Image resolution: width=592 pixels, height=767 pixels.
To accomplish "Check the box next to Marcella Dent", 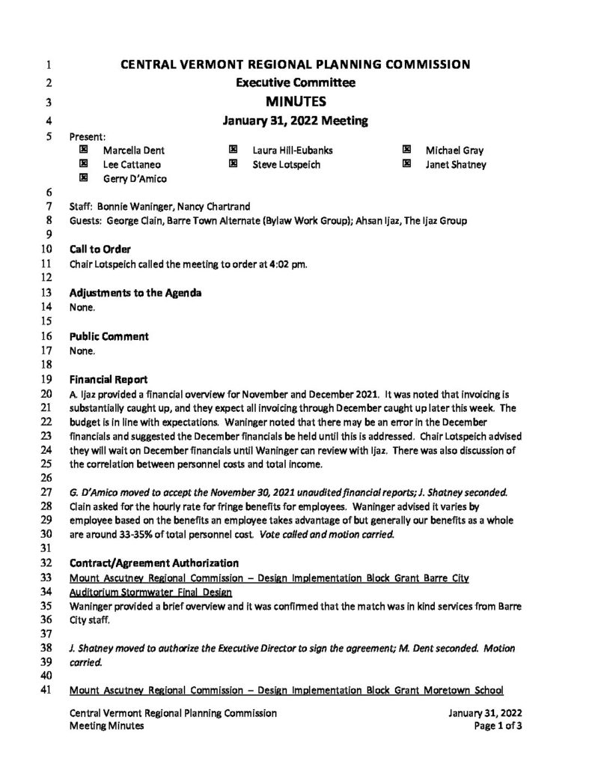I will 83,151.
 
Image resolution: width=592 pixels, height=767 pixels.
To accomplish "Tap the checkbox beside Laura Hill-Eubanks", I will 234,151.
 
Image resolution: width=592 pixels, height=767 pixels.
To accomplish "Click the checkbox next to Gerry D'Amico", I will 83,178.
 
